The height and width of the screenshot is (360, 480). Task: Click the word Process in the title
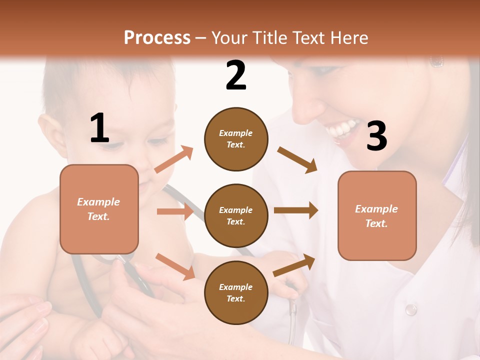(157, 37)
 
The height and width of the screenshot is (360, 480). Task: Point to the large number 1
(99, 128)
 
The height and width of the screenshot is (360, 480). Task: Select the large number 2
(236, 75)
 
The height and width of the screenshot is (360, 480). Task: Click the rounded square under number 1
(99, 209)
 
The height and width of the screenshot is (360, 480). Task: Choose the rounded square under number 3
(377, 215)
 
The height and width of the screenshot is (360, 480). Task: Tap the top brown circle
(236, 139)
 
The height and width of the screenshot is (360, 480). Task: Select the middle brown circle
(236, 215)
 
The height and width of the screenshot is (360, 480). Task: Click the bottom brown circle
(236, 292)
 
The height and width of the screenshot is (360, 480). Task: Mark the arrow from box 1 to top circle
(173, 159)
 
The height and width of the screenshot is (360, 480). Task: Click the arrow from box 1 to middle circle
(175, 211)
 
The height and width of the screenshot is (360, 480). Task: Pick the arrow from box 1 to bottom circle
(175, 266)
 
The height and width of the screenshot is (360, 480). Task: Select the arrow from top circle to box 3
(297, 159)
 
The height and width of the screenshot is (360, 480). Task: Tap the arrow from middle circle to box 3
(296, 210)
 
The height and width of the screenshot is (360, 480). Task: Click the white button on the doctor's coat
(410, 309)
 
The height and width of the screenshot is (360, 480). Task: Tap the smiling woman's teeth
(343, 129)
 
